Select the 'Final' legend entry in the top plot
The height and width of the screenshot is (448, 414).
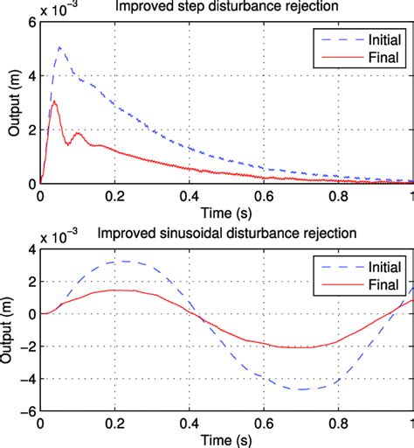coord(377,59)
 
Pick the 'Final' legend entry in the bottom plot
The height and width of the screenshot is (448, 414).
coord(377,283)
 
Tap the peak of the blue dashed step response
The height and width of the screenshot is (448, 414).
coord(59,47)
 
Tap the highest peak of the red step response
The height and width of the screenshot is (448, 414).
coord(54,101)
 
